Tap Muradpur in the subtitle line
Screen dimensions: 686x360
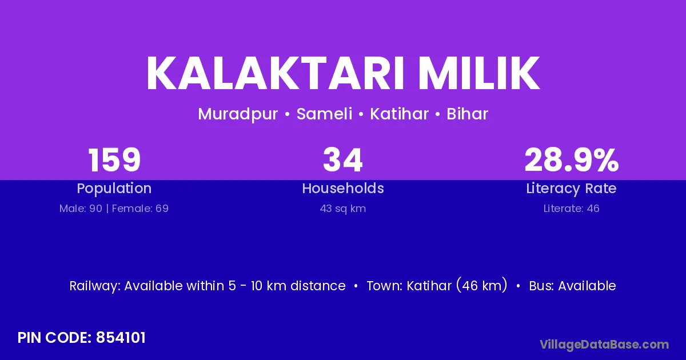[x=238, y=114]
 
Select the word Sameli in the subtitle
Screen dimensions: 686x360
[x=324, y=114]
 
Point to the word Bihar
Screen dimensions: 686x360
[x=468, y=114]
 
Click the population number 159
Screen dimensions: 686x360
[x=114, y=160]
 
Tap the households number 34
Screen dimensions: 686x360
[x=343, y=160]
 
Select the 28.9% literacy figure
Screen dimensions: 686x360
[x=572, y=160]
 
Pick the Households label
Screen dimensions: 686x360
[x=343, y=188]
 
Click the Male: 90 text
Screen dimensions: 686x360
[x=81, y=209]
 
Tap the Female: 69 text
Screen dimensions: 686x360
[x=140, y=209]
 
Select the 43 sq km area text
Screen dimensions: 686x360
[x=343, y=209]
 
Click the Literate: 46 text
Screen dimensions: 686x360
[x=572, y=209]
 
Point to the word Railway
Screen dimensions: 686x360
[x=95, y=286]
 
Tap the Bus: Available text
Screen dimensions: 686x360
[x=572, y=286]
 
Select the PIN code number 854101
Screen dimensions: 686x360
[x=121, y=338]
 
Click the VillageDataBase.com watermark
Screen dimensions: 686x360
[x=604, y=345]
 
